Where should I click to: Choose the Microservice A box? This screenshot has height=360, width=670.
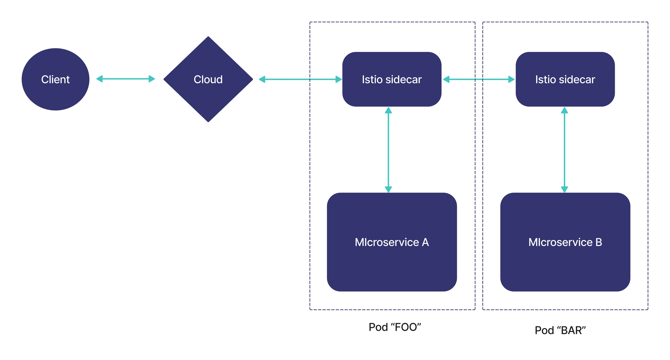(392, 265)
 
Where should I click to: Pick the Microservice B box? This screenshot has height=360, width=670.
(565, 265)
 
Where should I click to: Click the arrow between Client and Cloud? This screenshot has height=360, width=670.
(126, 79)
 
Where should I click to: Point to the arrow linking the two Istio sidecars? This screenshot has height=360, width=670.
(479, 79)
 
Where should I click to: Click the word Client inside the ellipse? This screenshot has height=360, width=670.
(55, 79)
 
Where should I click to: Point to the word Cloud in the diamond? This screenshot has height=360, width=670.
(208, 79)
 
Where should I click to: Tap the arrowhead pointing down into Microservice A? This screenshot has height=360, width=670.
(388, 189)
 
